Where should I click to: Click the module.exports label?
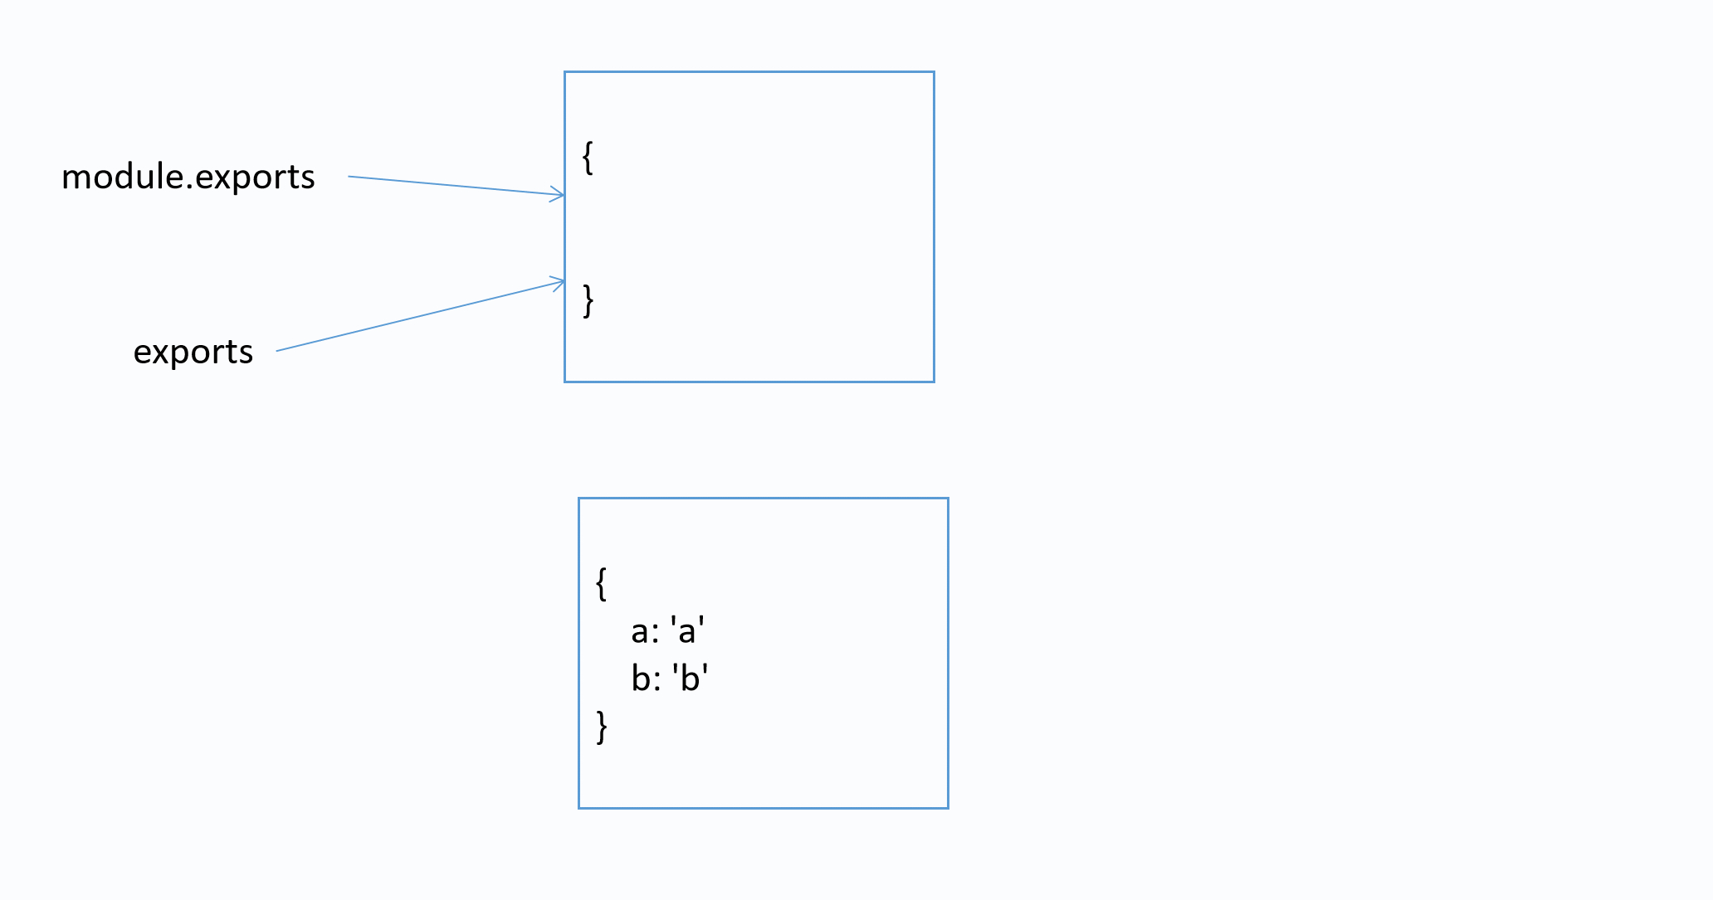coord(188,178)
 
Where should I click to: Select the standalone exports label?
coord(193,353)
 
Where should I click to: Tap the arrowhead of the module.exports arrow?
coord(559,195)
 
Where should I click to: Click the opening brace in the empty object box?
coord(588,157)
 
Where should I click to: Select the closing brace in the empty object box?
coord(588,300)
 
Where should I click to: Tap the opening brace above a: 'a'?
coord(602,583)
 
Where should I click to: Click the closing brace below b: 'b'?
coord(602,727)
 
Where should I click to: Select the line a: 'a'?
coord(668,631)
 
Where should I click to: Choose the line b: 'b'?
coord(669,679)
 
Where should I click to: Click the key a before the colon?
coord(640,632)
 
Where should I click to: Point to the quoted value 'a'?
coord(688,631)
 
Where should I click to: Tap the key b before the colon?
coord(641,679)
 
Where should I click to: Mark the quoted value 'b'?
coord(690,679)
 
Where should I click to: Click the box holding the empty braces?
coord(749,226)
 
